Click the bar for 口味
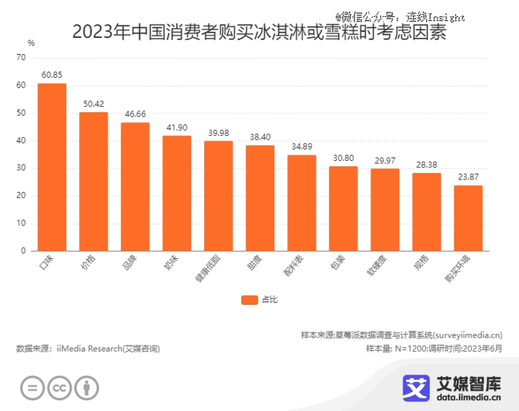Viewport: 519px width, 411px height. point(52,167)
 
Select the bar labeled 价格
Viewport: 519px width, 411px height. point(93,182)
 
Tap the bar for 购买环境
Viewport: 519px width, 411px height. point(468,218)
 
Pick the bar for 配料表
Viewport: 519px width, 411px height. point(302,203)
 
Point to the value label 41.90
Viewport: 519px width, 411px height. point(176,128)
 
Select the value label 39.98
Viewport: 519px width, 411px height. point(218,133)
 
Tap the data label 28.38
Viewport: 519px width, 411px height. point(426,165)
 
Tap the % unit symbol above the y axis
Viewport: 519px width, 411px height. point(30,43)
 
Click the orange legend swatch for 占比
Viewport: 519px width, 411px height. point(248,300)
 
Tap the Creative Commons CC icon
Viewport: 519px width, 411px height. point(59,388)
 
